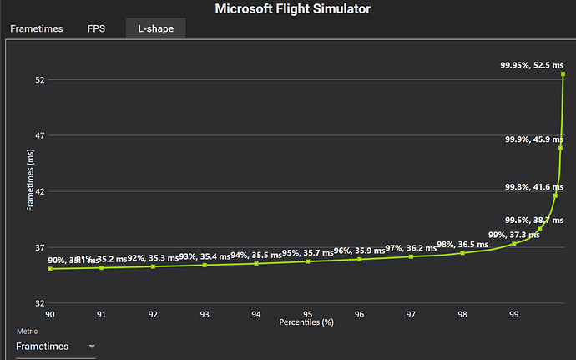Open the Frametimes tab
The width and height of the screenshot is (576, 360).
[36, 28]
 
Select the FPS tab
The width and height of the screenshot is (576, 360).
[96, 28]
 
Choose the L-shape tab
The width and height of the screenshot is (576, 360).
[155, 28]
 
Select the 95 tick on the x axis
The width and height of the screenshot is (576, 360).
[308, 314]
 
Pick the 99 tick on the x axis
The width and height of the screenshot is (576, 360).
[514, 314]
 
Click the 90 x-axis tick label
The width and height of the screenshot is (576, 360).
[50, 314]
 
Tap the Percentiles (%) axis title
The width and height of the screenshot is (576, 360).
[306, 322]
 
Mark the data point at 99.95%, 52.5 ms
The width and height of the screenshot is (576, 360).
[563, 74]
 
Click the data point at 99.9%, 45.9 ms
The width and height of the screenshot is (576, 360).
[560, 148]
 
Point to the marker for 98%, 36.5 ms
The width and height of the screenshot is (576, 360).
[462, 252]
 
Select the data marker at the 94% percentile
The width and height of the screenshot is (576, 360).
[256, 263]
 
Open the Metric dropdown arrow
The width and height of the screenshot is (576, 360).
[92, 346]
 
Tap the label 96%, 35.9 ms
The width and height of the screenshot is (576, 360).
[358, 251]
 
